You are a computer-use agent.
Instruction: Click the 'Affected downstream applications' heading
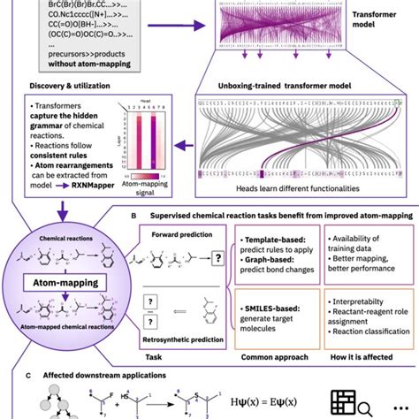click(88, 376)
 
